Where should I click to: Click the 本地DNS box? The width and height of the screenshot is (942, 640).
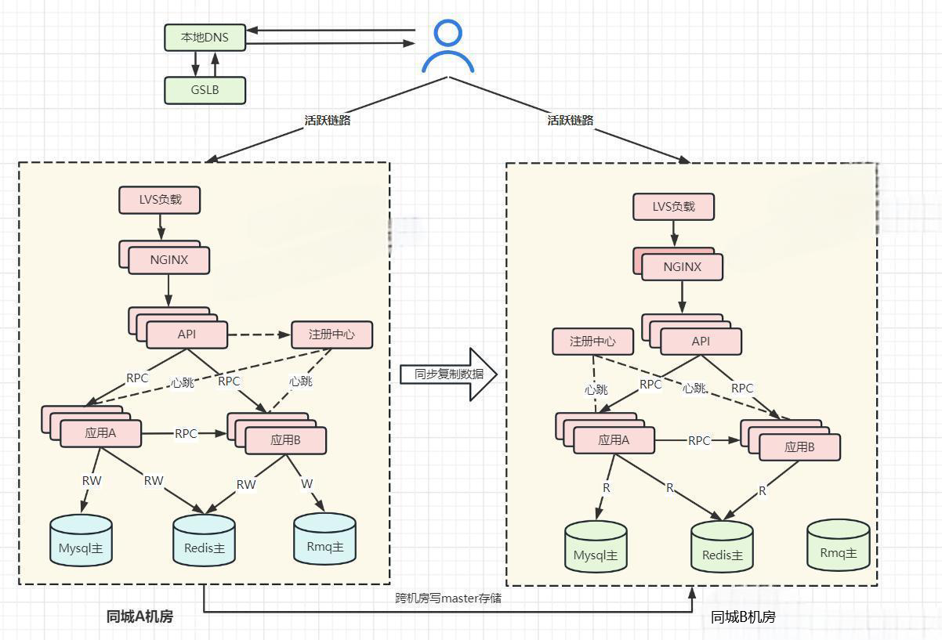tap(205, 38)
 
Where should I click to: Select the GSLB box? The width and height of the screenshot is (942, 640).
tap(205, 90)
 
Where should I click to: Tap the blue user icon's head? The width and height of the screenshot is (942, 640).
tap(447, 33)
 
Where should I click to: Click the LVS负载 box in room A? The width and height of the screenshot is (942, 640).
tap(159, 200)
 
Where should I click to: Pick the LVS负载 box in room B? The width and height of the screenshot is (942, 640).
tap(673, 207)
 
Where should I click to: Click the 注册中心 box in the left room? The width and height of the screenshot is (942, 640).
tap(332, 335)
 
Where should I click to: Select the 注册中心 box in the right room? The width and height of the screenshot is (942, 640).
tap(592, 342)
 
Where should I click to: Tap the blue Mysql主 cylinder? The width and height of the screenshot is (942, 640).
tap(81, 540)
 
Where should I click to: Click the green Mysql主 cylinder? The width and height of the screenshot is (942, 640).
tap(596, 547)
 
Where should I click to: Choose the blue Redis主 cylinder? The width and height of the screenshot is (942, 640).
tap(204, 540)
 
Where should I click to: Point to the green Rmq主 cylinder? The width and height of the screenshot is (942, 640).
tap(838, 545)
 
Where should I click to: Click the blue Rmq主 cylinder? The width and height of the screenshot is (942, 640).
tap(324, 538)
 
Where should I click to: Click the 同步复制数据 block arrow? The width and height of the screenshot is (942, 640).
tap(448, 374)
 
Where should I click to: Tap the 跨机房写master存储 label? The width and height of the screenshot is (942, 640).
tap(448, 598)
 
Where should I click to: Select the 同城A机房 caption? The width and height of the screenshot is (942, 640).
tap(139, 616)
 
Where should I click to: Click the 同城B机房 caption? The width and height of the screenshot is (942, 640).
tap(743, 616)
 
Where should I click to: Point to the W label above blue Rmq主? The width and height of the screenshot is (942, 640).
tap(307, 483)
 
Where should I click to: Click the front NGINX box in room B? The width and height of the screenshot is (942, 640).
tap(682, 267)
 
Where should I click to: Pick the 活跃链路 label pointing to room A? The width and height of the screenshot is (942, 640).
tap(327, 120)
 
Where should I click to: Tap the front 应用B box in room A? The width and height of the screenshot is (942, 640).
tap(285, 440)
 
